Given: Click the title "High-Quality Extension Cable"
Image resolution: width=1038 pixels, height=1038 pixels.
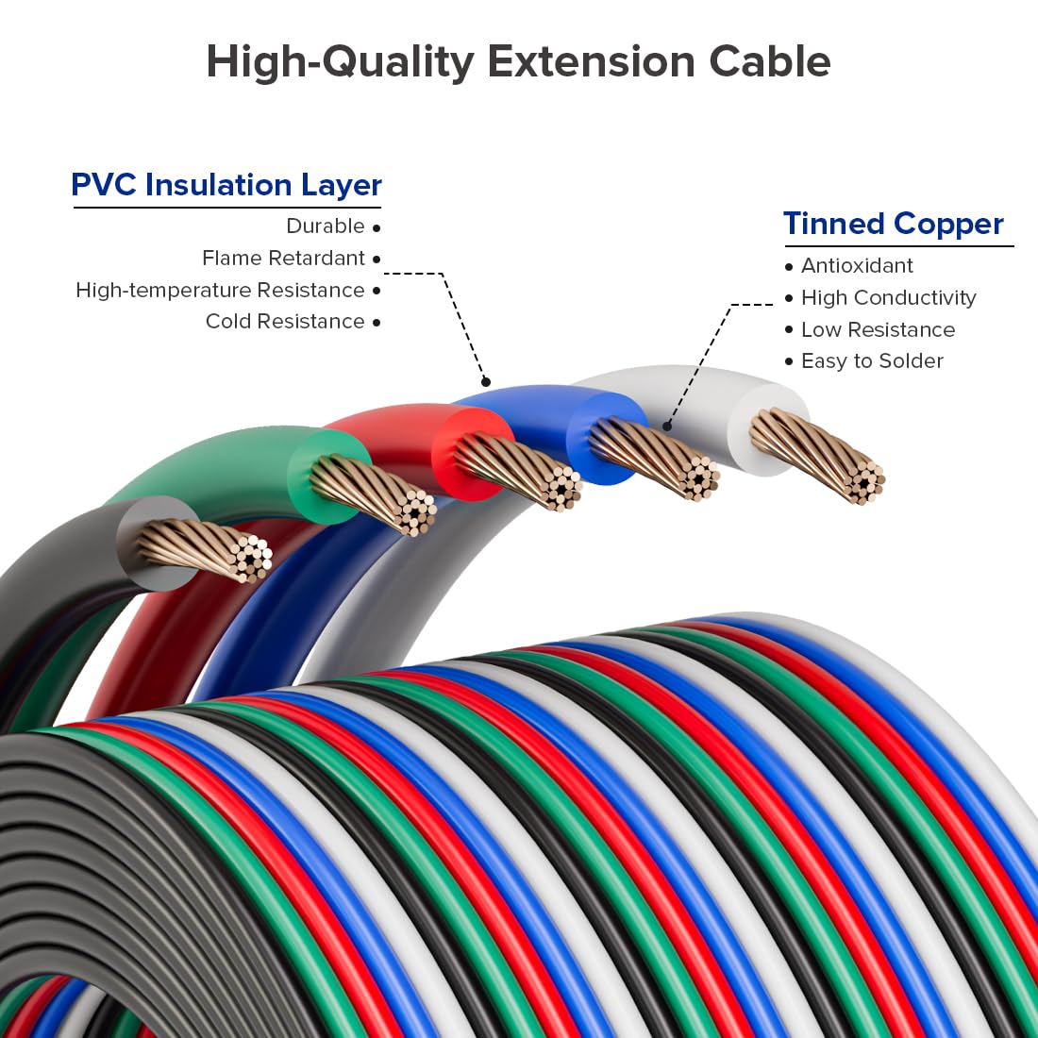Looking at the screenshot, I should [518, 62].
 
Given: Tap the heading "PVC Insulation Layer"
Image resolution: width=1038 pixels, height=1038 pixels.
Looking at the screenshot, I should [226, 185].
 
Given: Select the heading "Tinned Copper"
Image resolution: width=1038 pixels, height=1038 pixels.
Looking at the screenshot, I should [893, 224].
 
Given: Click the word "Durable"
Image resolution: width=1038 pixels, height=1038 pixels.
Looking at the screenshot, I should [326, 226].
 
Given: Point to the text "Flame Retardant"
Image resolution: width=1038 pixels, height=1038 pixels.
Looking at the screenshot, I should [283, 259].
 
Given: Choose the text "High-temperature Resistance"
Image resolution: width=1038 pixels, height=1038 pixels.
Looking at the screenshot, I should [220, 291].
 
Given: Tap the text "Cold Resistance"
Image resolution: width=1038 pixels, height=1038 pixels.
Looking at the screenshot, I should [285, 322].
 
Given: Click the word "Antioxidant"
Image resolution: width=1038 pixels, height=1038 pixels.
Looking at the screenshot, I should [857, 266].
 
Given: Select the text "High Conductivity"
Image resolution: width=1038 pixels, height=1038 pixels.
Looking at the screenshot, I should [888, 298].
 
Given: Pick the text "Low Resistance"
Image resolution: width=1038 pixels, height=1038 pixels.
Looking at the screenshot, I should [878, 330].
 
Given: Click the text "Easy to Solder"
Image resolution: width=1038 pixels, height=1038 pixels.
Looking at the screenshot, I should [872, 361].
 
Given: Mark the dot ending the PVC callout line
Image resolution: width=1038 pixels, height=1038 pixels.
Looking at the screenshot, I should [486, 382].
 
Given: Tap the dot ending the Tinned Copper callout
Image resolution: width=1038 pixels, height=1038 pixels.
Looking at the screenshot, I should [667, 427].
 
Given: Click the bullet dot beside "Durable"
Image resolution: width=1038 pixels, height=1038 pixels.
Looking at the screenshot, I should [377, 227].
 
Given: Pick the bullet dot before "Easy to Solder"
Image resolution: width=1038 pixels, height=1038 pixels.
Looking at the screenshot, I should [789, 362].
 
